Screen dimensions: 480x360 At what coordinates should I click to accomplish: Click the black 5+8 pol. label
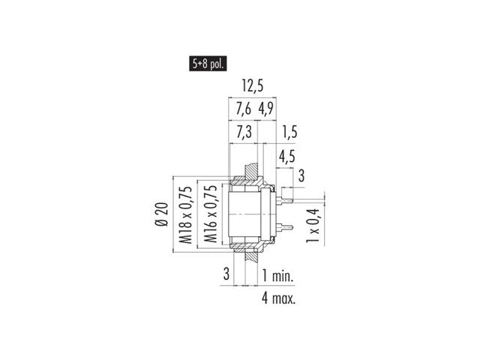click(x=208, y=64)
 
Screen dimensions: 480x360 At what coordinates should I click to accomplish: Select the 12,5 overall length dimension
click(x=253, y=85)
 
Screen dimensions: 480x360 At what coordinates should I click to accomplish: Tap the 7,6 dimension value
click(x=243, y=109)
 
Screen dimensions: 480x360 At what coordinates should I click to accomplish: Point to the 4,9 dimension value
click(x=266, y=109)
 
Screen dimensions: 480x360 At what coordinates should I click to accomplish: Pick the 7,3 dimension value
click(x=244, y=132)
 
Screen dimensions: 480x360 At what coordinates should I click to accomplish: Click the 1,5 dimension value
click(x=289, y=132)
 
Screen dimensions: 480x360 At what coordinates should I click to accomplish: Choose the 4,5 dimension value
click(x=286, y=157)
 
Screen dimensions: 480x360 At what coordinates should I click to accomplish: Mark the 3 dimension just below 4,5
click(x=301, y=175)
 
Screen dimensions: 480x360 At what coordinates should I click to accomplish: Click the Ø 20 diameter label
click(x=162, y=214)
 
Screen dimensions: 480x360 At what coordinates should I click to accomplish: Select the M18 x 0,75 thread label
click(x=186, y=215)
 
